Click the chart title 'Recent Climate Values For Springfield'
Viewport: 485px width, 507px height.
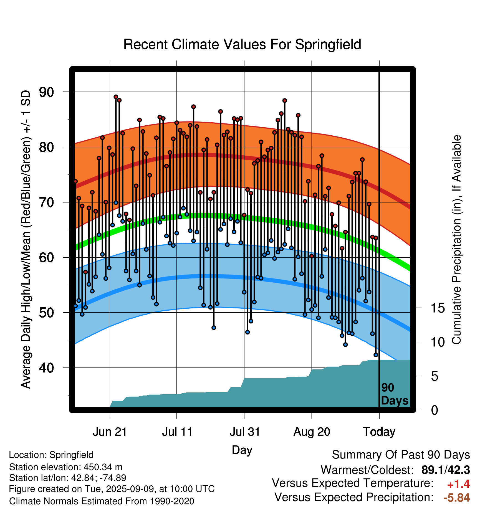coord(242,44)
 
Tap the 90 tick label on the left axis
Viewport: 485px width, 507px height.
coord(47,92)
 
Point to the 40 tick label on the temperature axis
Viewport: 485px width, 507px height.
coord(47,368)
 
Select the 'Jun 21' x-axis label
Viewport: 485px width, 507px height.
coord(110,432)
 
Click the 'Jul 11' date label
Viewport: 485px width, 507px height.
coord(177,432)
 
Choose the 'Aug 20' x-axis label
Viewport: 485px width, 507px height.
coord(312,432)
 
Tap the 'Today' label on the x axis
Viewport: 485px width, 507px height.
coord(379,432)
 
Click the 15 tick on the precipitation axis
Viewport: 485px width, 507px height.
coord(438,308)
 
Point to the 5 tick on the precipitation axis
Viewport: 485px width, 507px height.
coord(435,376)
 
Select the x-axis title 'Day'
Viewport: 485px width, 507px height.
coord(242,450)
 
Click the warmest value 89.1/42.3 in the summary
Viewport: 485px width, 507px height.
coord(446,470)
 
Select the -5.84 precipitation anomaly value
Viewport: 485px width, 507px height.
coord(457,498)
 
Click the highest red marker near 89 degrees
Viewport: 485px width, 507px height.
coord(116,97)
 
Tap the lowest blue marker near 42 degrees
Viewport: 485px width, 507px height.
coord(376,355)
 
